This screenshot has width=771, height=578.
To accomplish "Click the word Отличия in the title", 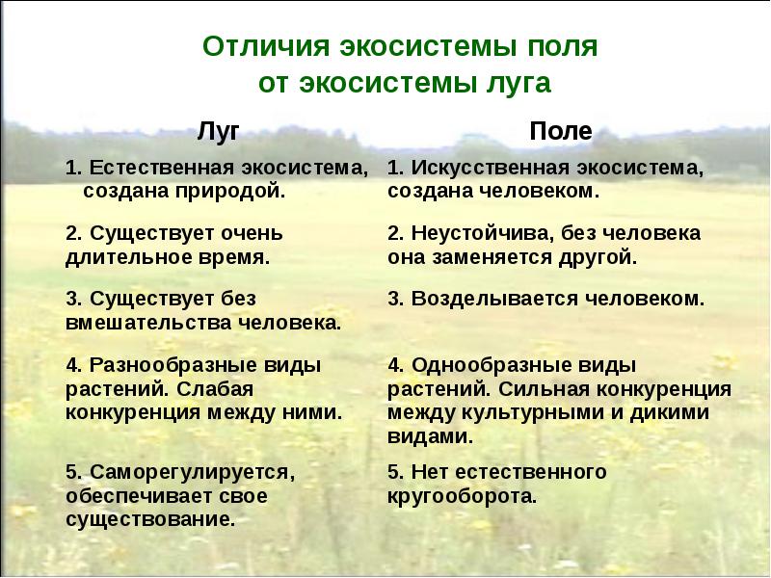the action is point(266,46).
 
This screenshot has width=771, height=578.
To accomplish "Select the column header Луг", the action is point(219,131).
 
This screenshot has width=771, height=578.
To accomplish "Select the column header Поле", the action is point(561,131).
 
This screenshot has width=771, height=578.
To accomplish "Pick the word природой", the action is point(230,191).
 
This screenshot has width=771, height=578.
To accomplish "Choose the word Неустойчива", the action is point(484,233).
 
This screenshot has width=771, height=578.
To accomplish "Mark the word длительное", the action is point(128,257).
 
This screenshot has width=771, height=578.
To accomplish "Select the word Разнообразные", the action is point(167,366).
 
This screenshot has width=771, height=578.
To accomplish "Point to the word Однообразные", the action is point(486,366).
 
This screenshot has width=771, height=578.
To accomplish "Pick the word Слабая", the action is point(215,389).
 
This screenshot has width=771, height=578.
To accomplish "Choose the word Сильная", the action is point(544,389).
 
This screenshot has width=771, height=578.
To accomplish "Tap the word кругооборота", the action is point(462,496).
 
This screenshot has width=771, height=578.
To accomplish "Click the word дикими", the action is point(670,413).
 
